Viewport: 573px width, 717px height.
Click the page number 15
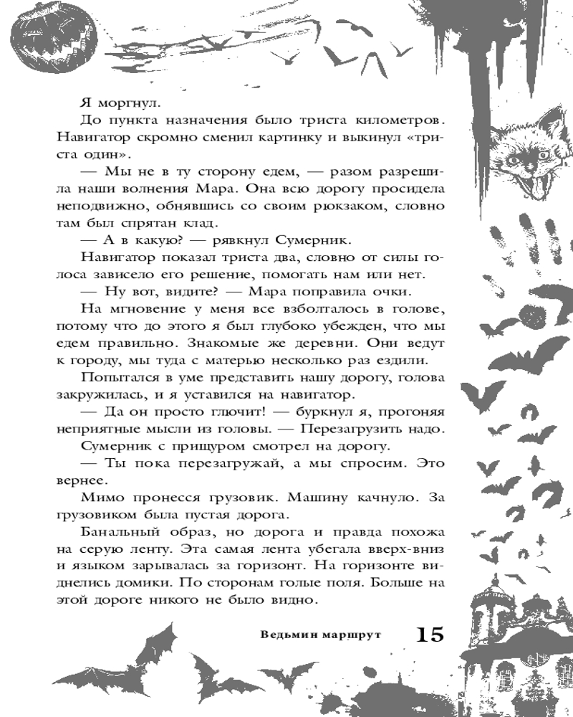pyautogui.click(x=429, y=634)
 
